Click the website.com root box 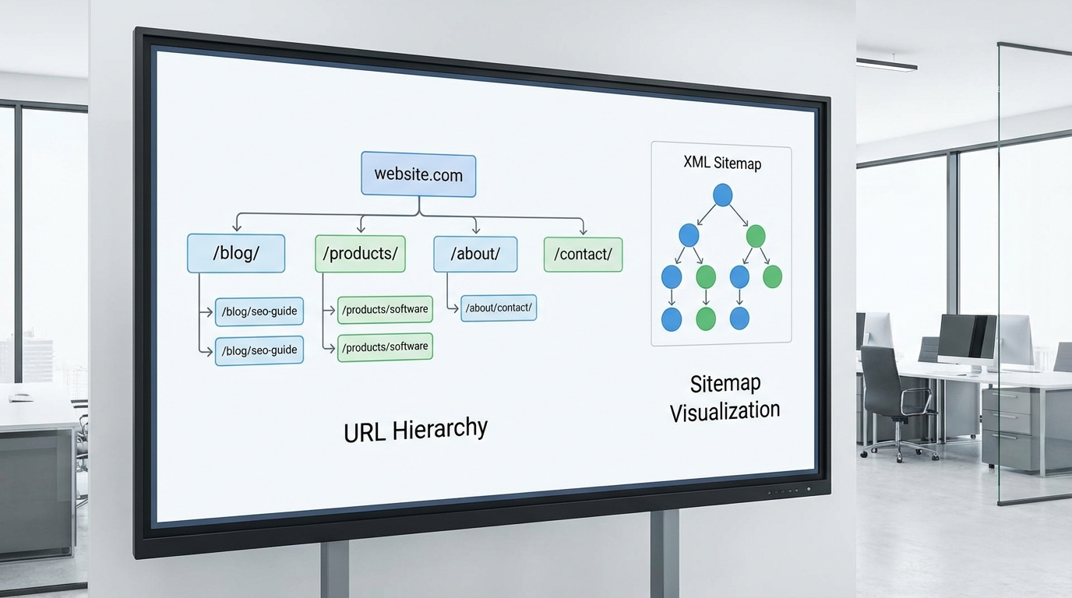[x=418, y=174]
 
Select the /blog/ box [x=236, y=254]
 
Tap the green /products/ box [x=360, y=254]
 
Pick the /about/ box [x=475, y=254]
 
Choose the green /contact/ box [x=583, y=254]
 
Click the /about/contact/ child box [x=499, y=308]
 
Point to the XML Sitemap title [x=722, y=163]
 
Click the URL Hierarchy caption [x=415, y=430]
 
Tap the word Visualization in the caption [x=725, y=411]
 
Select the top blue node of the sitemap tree [x=723, y=195]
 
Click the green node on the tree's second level [x=756, y=235]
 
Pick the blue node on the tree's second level [x=689, y=235]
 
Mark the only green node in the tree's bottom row [x=705, y=318]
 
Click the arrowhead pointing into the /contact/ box [x=583, y=231]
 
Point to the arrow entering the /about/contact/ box [x=455, y=308]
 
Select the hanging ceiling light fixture [x=887, y=65]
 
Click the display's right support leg [x=665, y=553]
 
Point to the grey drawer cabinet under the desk [x=1013, y=428]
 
